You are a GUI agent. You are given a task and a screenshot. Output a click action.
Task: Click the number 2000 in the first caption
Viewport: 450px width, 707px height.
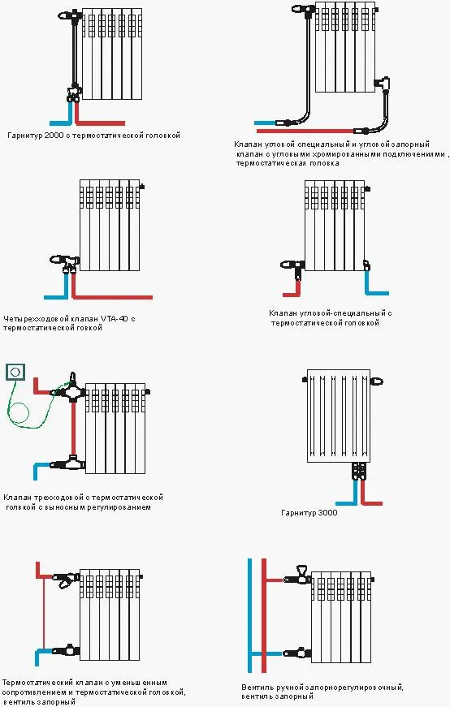point(54,136)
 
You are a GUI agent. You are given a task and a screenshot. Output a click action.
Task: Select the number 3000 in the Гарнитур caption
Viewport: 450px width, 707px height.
point(327,513)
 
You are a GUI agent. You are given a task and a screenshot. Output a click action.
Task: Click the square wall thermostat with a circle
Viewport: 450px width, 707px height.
point(15,372)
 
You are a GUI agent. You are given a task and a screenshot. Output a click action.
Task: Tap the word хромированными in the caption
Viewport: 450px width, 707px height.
point(347,153)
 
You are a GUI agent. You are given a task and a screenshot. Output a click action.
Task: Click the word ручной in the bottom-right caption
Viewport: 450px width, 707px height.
point(288,688)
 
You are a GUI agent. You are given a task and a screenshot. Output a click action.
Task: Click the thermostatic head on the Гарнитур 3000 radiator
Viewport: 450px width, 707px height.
point(377,382)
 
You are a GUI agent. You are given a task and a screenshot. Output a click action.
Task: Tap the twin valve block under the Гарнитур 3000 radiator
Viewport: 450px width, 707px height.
point(359,471)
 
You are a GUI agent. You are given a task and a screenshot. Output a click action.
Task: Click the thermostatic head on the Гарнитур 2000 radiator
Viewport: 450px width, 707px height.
point(68,15)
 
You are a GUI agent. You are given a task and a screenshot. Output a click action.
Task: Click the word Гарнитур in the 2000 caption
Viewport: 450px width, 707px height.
point(25,136)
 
